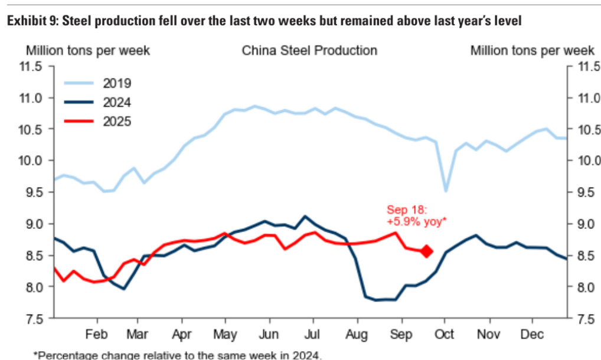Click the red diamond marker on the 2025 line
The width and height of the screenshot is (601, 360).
(427, 251)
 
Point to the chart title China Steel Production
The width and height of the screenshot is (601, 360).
(309, 51)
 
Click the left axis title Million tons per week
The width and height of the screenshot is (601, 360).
(87, 51)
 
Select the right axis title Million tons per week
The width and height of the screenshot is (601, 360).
(532, 51)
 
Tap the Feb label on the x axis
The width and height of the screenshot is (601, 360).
(96, 333)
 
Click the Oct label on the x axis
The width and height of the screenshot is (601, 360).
(445, 333)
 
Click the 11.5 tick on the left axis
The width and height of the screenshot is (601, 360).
(30, 67)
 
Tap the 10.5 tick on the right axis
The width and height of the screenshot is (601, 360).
(585, 130)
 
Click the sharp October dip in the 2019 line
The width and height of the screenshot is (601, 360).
(446, 191)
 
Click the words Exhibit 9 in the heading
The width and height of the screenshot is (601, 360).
(30, 21)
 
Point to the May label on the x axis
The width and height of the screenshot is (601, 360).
(225, 333)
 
